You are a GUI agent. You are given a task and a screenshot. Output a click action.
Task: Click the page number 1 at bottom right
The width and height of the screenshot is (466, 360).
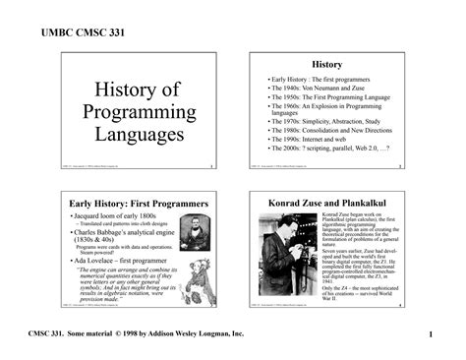coord(431,338)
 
